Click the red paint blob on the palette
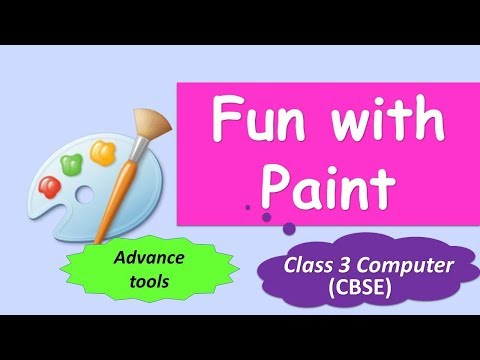point(49,185)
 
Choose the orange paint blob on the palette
point(102,151)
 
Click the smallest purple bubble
point(247,208)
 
